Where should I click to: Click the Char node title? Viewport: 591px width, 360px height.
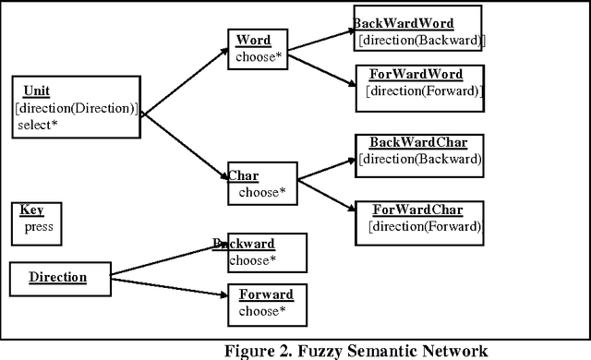tap(243, 175)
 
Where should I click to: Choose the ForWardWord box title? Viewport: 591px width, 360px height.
tap(416, 74)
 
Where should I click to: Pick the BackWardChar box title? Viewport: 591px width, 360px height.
tap(418, 142)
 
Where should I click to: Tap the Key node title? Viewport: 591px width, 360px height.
tap(31, 210)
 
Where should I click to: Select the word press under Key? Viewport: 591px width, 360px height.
tap(40, 226)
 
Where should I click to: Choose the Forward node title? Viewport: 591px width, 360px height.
tap(266, 295)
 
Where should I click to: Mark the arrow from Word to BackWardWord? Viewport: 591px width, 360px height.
tap(319, 42)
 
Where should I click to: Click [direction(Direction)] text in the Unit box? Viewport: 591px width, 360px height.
tap(76, 109)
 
